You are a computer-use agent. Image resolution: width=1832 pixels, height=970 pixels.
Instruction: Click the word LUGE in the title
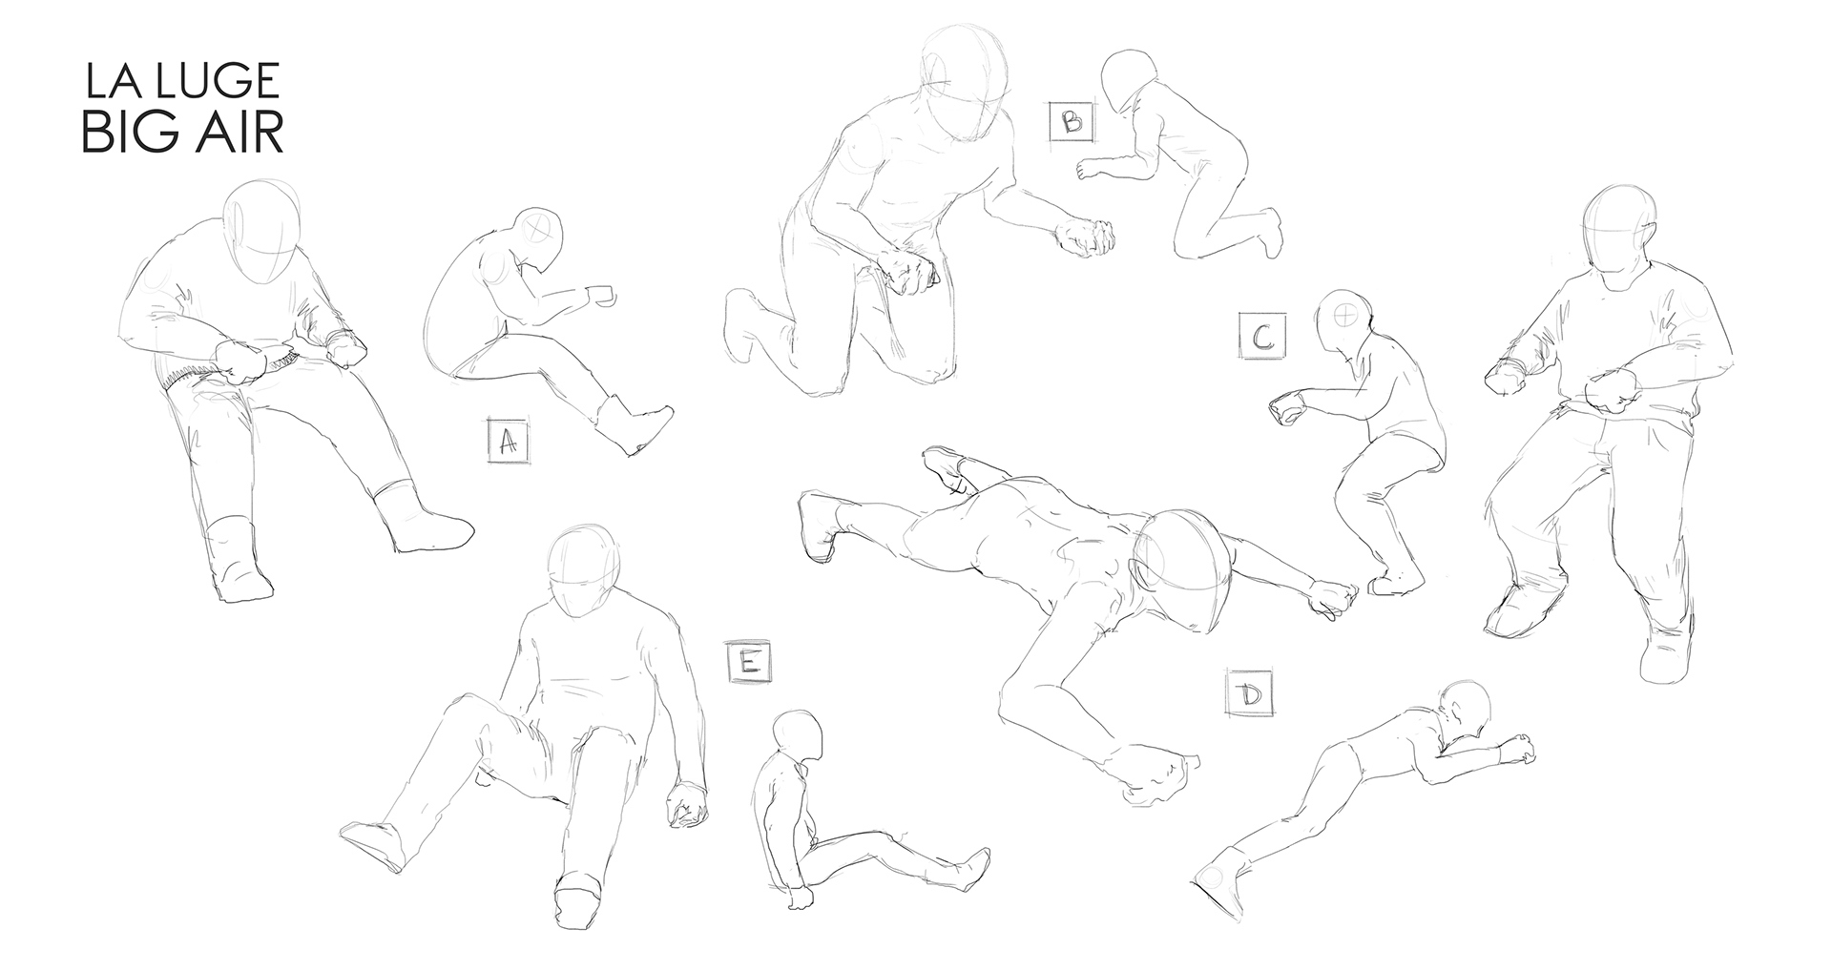tap(219, 82)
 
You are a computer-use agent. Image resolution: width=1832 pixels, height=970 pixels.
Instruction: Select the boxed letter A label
tap(509, 440)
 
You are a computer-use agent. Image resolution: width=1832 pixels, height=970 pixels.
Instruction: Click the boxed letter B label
tap(1071, 122)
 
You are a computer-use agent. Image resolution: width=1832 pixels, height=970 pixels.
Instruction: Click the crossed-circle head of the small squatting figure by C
tap(1345, 323)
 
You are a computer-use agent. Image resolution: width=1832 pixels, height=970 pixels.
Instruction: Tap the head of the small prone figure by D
tap(1465, 710)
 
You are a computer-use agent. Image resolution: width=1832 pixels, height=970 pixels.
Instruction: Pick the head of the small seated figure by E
tap(798, 740)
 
